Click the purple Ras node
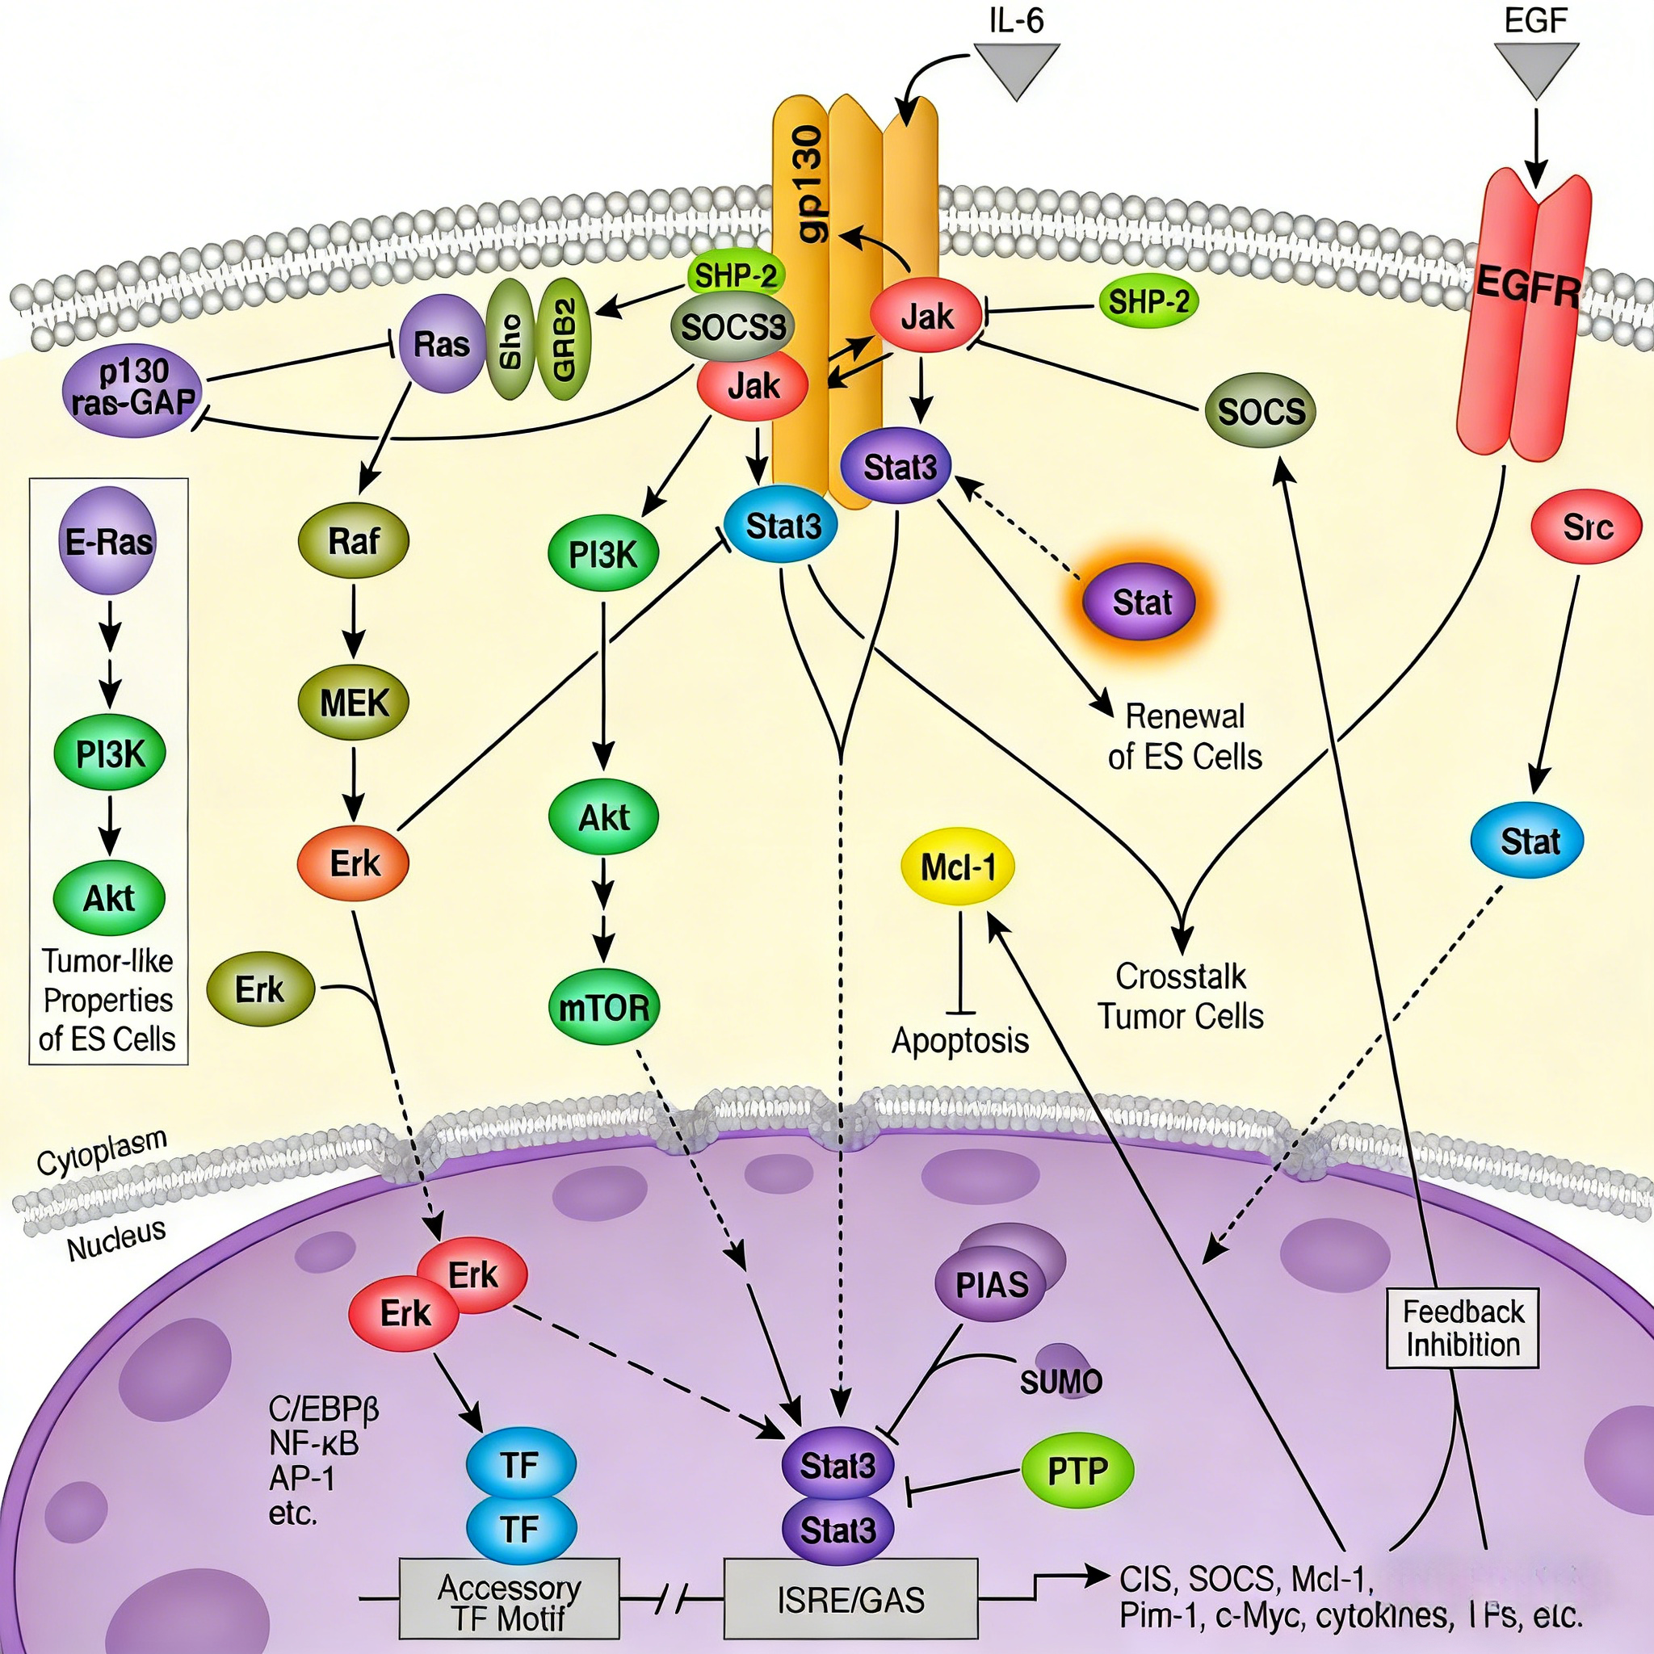pos(442,344)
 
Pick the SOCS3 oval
pos(732,326)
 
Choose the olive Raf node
pos(354,541)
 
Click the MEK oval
pos(354,703)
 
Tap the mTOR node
pos(603,1008)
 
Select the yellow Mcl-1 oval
pos(958,867)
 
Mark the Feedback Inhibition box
pos(1463,1328)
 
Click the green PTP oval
pos(1077,1471)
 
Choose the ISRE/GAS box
pos(851,1598)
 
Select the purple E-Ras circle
pos(109,541)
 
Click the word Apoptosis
pos(959,1040)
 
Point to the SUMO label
pos(1060,1381)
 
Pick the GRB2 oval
pos(568,340)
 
